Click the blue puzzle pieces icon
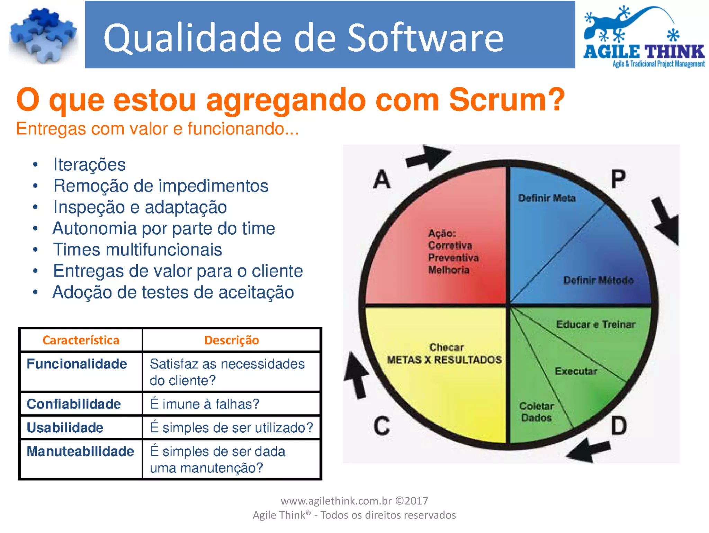(43, 36)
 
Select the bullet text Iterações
(89, 164)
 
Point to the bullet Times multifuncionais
(137, 250)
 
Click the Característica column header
(81, 340)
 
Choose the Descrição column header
(232, 340)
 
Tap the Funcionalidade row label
(77, 364)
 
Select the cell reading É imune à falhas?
(205, 404)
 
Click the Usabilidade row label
(65, 428)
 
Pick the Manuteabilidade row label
(80, 451)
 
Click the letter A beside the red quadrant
(382, 179)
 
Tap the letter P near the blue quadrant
(618, 179)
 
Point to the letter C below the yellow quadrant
(382, 426)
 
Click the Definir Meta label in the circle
(547, 198)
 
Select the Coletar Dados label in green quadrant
(537, 412)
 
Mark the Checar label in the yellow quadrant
(446, 347)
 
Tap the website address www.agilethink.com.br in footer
(336, 501)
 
